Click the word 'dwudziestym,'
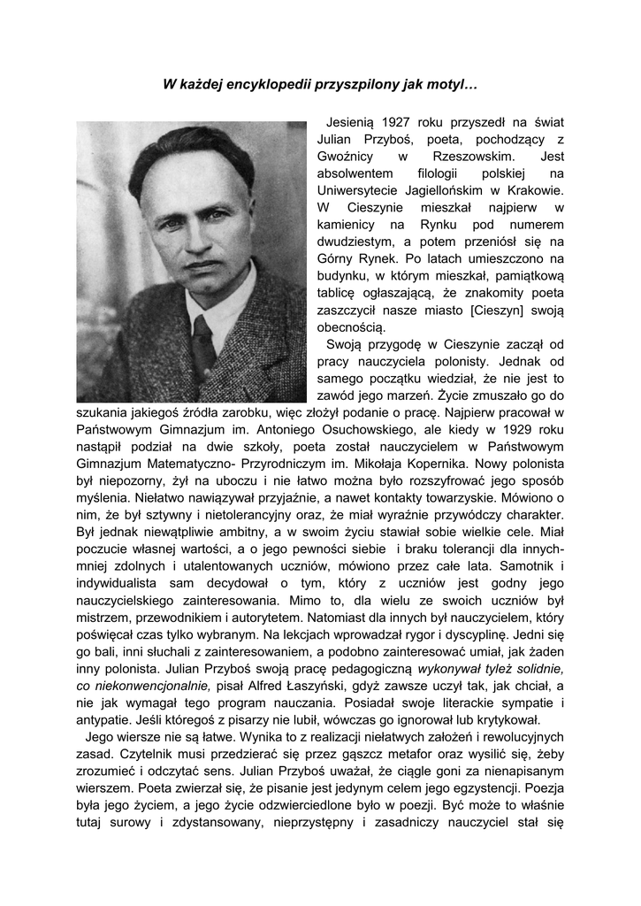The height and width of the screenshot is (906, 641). click(x=359, y=242)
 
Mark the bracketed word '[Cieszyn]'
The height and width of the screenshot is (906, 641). click(x=500, y=311)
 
